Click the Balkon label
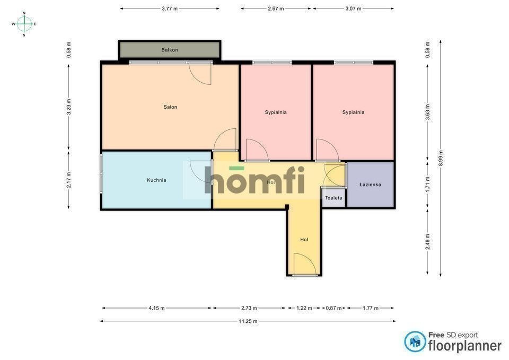170,50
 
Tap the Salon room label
170,107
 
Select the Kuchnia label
156,180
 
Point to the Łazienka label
370,185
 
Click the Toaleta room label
334,198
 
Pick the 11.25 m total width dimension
248,321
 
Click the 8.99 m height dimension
441,158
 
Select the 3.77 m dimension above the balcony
170,9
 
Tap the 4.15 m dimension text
156,308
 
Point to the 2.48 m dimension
428,242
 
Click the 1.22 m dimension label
304,308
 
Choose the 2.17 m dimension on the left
68,180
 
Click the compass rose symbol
24,24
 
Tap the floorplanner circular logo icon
415,341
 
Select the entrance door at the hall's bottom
305,265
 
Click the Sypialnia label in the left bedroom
276,112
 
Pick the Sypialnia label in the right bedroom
353,112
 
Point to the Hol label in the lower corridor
304,240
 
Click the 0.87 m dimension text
334,308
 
